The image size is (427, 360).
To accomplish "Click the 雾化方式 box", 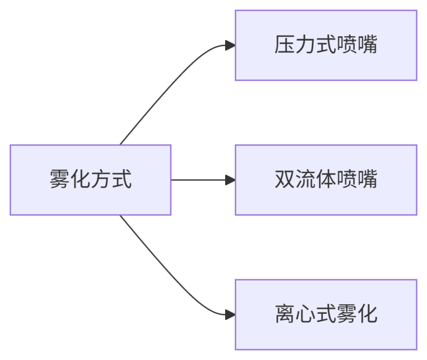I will [x=90, y=180].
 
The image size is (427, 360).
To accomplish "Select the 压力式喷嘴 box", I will [x=325, y=45].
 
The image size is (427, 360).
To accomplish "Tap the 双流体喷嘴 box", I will [x=325, y=180].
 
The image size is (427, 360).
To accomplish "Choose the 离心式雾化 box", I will [x=325, y=314].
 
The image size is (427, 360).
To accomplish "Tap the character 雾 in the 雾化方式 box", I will [x=59, y=180].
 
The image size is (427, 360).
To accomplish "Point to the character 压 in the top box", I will [x=284, y=45].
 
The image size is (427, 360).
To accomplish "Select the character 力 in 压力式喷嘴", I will [x=305, y=45].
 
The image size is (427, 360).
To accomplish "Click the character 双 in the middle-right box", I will [x=284, y=180].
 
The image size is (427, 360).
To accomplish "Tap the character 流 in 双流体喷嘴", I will [x=305, y=180].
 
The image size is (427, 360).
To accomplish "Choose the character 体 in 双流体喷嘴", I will [x=325, y=180].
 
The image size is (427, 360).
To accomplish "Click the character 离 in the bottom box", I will [x=284, y=314].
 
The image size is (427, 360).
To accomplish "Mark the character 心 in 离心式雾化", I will [x=305, y=314].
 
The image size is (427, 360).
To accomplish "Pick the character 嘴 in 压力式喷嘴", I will [x=367, y=45].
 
